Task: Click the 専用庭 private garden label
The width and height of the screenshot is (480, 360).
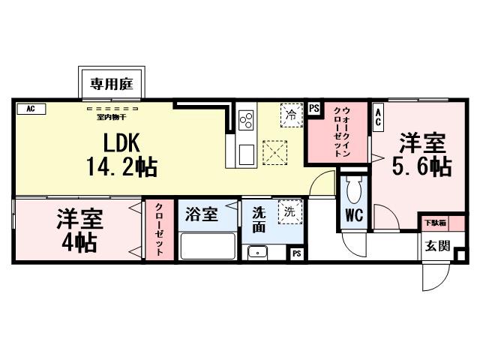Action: (x=112, y=84)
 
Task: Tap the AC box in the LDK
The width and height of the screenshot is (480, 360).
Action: (x=31, y=109)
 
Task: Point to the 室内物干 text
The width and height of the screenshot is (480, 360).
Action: (x=110, y=116)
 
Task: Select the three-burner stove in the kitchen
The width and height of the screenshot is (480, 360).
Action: (x=246, y=120)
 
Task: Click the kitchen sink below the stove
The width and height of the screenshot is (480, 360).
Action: (x=246, y=154)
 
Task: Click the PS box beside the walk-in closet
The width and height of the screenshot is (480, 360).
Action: (x=313, y=107)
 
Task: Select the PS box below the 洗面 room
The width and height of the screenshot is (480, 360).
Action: (x=297, y=253)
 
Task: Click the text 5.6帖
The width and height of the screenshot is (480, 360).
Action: (x=421, y=166)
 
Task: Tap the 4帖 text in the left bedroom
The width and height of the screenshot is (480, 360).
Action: (x=78, y=242)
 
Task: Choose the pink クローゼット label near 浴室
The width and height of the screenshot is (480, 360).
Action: (x=159, y=230)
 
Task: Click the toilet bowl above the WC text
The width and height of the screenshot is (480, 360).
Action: (x=353, y=188)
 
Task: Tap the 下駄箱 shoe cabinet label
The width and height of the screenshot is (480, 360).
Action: (x=436, y=223)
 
